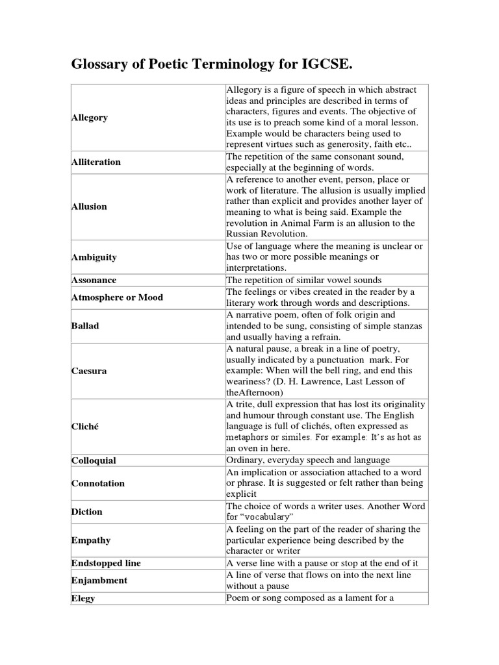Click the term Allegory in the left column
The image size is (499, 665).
90,118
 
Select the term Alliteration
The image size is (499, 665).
96,162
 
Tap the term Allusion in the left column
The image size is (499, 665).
89,207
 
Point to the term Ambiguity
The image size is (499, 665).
94,257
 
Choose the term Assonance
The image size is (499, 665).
94,280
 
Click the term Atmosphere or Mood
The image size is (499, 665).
117,297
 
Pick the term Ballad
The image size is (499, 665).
85,325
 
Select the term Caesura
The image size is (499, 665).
89,371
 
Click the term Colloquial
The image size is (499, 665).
94,460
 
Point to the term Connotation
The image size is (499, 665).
97,483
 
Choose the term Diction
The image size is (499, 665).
87,512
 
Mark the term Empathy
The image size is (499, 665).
91,540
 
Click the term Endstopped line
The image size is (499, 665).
106,562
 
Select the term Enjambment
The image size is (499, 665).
99,580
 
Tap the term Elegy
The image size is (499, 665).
83,598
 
